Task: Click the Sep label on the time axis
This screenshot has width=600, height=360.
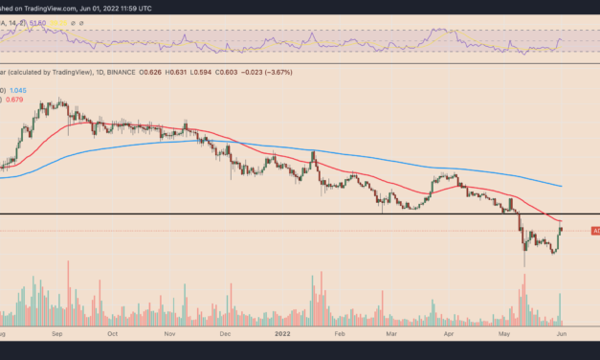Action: click(57, 335)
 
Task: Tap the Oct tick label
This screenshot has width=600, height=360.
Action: click(113, 335)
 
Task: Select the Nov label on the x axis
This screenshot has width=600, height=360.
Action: click(170, 335)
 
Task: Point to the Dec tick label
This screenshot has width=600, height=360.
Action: click(226, 335)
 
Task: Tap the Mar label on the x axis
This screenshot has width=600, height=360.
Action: click(392, 335)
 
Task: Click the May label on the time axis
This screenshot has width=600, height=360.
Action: click(506, 335)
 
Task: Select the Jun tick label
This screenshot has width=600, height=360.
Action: click(564, 335)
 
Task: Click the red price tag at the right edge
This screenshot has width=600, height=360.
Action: click(594, 231)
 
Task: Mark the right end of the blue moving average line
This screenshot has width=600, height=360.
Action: click(562, 186)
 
